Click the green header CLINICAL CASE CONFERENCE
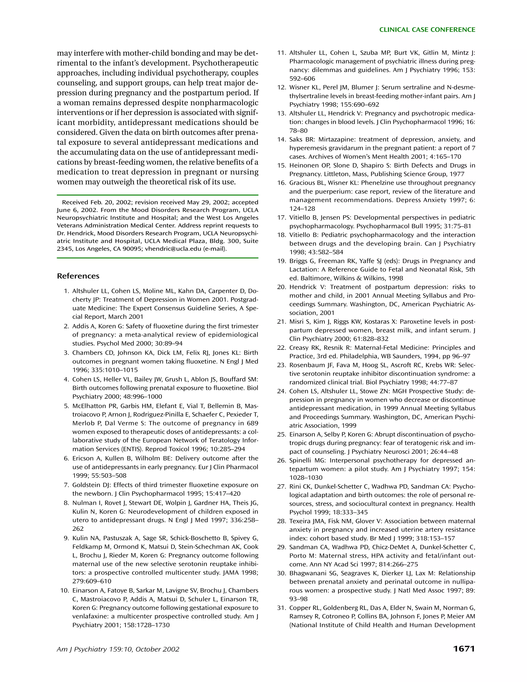tap(427, 30)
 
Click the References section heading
tap(78, 276)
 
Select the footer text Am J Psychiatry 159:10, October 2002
tap(118, 649)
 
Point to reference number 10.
tap(64, 590)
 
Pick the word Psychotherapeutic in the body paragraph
tap(225, 63)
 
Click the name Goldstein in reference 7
tap(85, 485)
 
